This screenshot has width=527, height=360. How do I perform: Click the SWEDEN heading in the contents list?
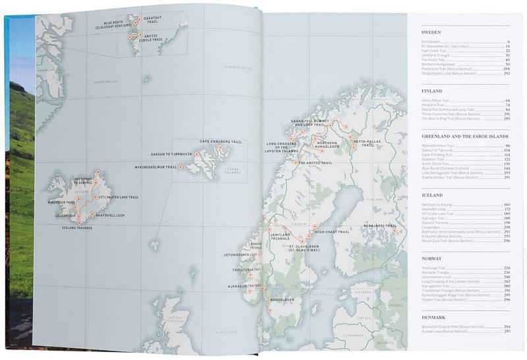point(431,32)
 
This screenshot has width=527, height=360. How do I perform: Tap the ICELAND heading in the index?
point(432,195)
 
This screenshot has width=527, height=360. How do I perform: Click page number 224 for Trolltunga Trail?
point(507,268)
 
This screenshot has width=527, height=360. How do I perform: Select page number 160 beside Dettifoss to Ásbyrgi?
point(507,205)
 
